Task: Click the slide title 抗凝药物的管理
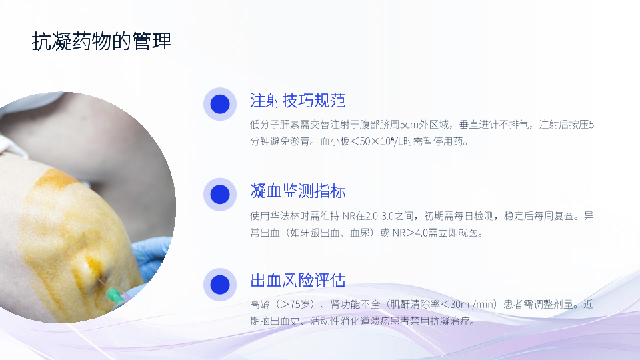click(101, 41)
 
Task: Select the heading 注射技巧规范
click(298, 101)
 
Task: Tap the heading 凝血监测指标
click(298, 191)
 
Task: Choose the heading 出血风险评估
click(298, 281)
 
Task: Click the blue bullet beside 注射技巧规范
click(220, 104)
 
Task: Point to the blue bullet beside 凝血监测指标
click(220, 194)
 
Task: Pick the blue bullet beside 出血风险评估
click(220, 285)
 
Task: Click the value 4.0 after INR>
click(421, 233)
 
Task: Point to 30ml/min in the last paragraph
click(473, 305)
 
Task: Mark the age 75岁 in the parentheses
click(302, 305)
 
